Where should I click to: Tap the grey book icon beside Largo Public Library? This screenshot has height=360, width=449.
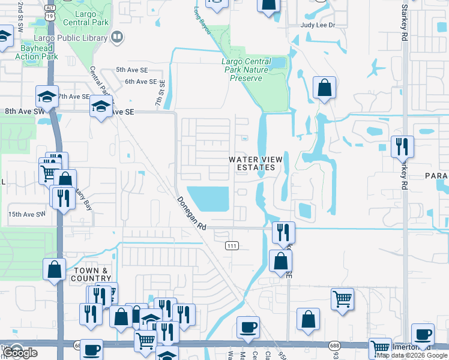click(118, 37)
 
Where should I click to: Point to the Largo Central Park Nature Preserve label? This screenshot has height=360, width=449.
click(246, 70)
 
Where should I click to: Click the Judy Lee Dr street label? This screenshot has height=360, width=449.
click(318, 26)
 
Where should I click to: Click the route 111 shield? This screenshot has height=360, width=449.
click(232, 246)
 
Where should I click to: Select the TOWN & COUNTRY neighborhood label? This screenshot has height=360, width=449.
click(91, 275)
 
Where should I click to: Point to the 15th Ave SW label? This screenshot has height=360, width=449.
click(26, 214)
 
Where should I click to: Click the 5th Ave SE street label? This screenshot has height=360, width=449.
click(131, 70)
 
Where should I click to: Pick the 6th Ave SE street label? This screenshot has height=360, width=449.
click(140, 82)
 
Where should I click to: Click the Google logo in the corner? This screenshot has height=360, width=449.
click(20, 353)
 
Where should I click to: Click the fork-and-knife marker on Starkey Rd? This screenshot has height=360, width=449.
click(401, 146)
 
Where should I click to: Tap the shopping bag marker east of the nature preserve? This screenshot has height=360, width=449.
click(324, 88)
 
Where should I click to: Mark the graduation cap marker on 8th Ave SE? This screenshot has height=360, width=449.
click(100, 107)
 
